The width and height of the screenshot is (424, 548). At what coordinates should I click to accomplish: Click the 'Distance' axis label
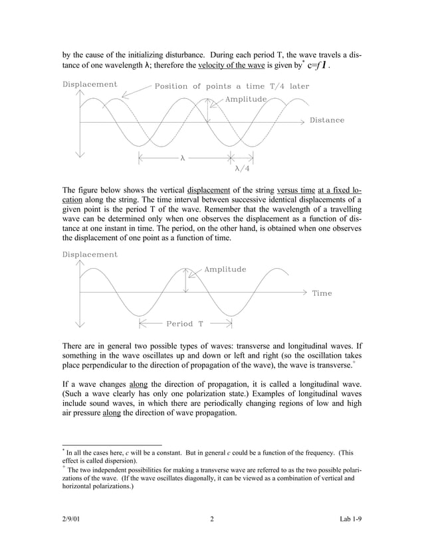click(327, 120)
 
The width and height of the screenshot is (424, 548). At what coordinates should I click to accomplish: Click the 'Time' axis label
click(322, 293)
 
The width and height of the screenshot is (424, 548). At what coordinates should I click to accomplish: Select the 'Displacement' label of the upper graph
click(90, 84)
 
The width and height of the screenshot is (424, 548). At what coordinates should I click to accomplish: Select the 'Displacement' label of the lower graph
click(90, 255)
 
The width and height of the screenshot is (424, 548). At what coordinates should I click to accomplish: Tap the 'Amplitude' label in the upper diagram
click(246, 99)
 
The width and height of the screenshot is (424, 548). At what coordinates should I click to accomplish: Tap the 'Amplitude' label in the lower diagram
click(225, 269)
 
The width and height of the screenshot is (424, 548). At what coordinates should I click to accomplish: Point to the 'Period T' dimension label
click(185, 324)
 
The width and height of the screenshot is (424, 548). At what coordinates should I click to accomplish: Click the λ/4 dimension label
click(242, 169)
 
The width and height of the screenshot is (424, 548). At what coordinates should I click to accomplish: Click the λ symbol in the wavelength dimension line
click(182, 159)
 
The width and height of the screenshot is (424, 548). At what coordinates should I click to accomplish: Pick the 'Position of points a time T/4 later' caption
click(231, 86)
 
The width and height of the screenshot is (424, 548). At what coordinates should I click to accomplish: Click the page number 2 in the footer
click(211, 519)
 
